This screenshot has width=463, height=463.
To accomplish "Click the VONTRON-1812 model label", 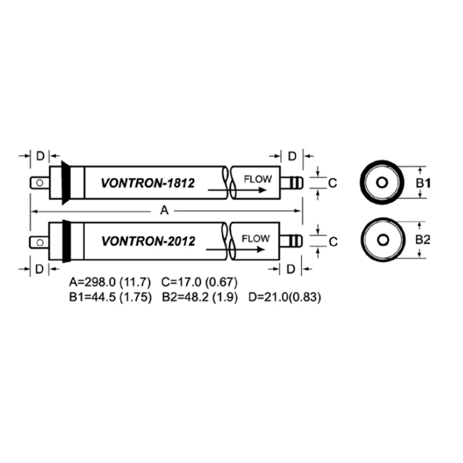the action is click(x=148, y=183).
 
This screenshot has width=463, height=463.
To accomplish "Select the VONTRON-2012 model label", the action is click(x=148, y=240).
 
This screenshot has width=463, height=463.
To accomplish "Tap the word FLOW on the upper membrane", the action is click(x=257, y=179).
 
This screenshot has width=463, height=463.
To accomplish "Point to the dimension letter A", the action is click(x=164, y=211).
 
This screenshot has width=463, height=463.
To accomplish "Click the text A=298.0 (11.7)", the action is click(x=110, y=282).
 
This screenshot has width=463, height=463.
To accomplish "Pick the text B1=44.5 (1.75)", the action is click(x=110, y=297).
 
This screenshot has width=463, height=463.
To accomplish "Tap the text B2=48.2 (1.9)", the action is click(x=199, y=297).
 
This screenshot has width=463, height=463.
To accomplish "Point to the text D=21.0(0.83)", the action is click(x=285, y=297).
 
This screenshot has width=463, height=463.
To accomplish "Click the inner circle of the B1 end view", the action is click(x=381, y=183).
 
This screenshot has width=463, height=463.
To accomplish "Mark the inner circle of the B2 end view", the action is click(x=381, y=240).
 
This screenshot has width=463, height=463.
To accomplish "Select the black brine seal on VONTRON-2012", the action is click(x=66, y=241).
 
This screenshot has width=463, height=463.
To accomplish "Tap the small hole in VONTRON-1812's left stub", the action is click(x=39, y=183).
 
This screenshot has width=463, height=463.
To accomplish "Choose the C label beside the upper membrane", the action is click(x=333, y=183).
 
